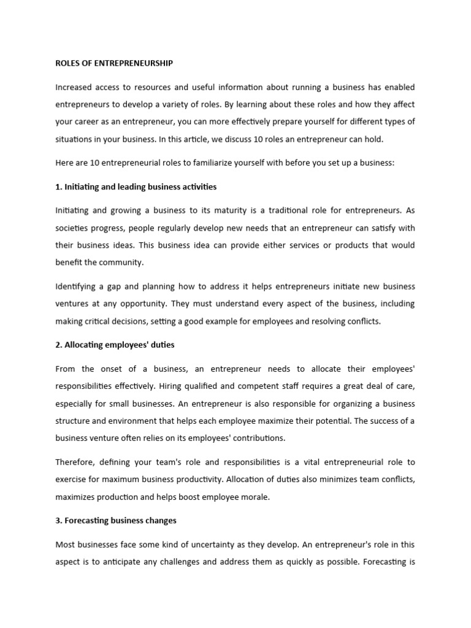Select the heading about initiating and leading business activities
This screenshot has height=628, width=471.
[x=136, y=186]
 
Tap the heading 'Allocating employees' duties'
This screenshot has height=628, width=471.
[x=115, y=345]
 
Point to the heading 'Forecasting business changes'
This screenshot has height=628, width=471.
[x=116, y=520]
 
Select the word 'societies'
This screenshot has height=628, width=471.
[x=72, y=228]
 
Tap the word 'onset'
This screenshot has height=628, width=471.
[x=117, y=369]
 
